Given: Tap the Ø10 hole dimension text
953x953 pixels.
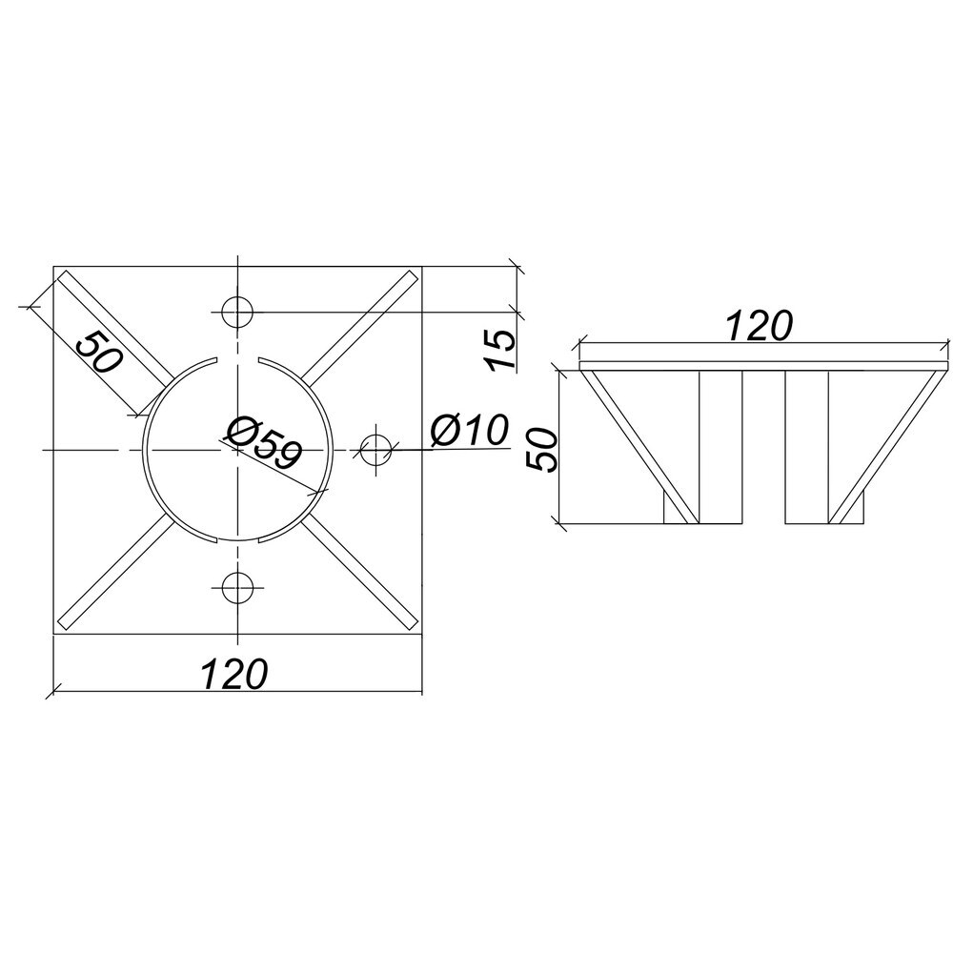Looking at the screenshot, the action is point(469,431).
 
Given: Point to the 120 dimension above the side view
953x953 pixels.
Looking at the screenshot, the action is point(760,326).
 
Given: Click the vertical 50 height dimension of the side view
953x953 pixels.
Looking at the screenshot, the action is point(541,449).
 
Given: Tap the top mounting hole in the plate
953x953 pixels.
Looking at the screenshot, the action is point(237,313).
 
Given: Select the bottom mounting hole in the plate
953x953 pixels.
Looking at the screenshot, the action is point(237,587).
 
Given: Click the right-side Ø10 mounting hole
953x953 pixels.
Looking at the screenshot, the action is point(375,450).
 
